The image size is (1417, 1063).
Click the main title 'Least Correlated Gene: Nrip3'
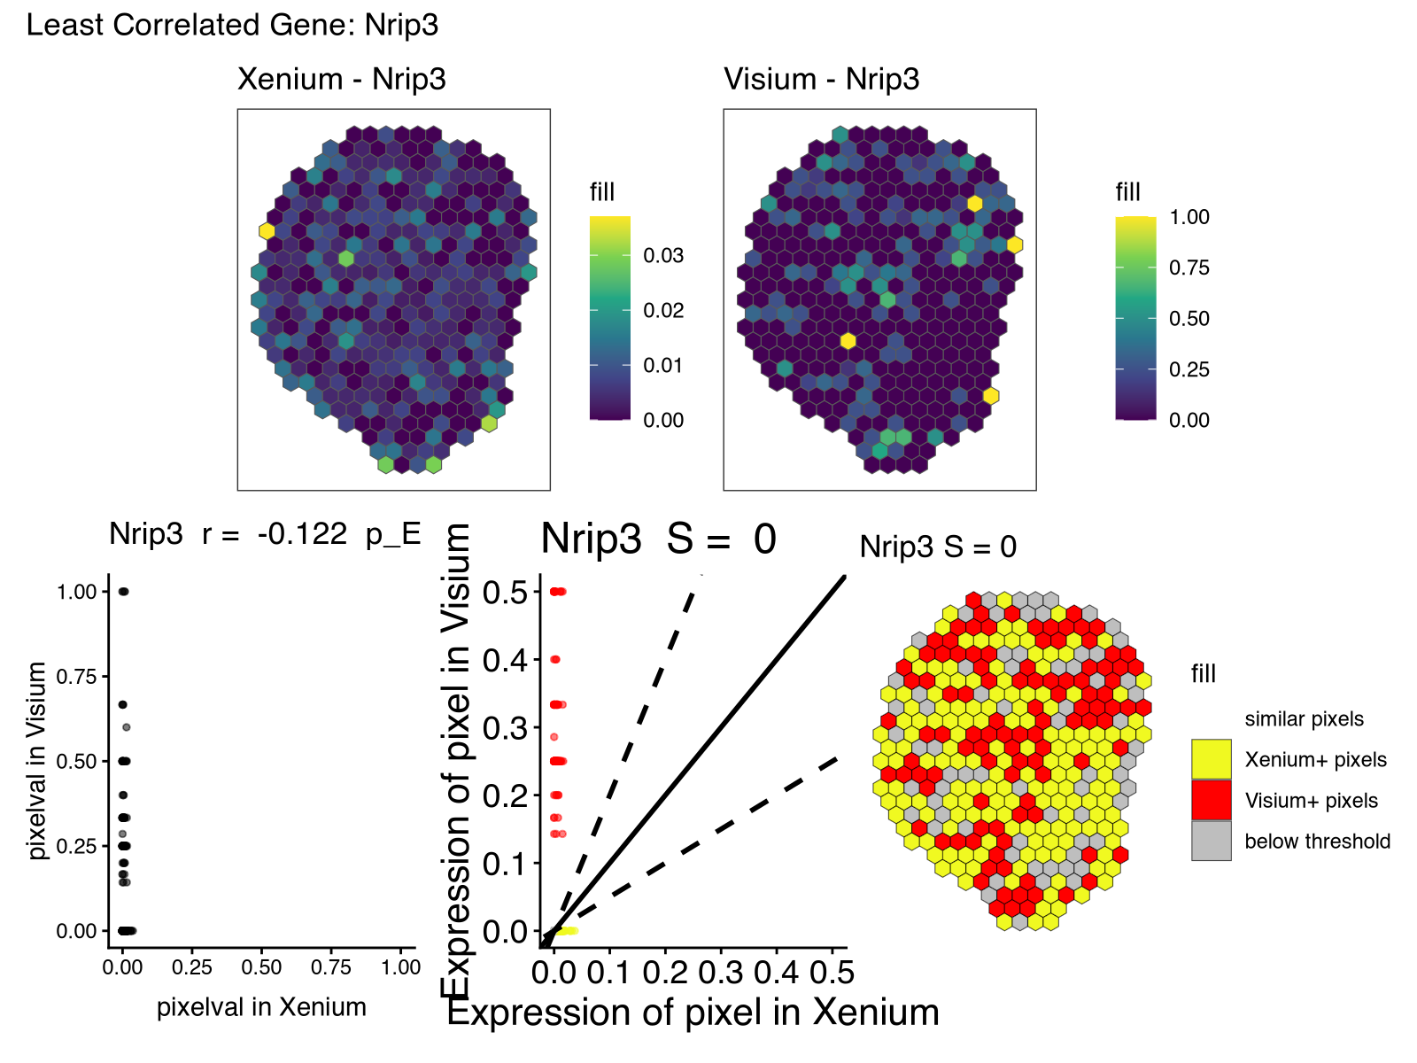(232, 25)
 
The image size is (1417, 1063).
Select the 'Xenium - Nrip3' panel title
(341, 79)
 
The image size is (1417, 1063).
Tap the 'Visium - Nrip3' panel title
(821, 79)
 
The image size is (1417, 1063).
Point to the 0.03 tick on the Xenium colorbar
(663, 255)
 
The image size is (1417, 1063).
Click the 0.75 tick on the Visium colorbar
(1189, 268)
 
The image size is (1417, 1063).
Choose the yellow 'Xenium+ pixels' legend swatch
(1211, 759)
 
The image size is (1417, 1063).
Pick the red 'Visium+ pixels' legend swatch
(1211, 800)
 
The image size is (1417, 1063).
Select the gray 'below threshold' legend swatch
(1211, 841)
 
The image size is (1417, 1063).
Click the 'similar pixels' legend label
(1304, 718)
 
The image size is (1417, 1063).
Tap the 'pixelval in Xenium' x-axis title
(261, 1007)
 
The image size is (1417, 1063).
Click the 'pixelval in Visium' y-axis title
(37, 761)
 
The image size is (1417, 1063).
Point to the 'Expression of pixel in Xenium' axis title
(693, 1013)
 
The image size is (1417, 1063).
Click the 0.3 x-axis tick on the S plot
(721, 973)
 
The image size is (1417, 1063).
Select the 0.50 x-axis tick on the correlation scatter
(262, 967)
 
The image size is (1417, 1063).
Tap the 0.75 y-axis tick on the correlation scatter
(76, 677)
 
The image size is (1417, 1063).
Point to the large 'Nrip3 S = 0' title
(658, 539)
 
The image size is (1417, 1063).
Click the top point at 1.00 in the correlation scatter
(123, 592)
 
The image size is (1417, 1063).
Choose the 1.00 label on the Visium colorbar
(1189, 217)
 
